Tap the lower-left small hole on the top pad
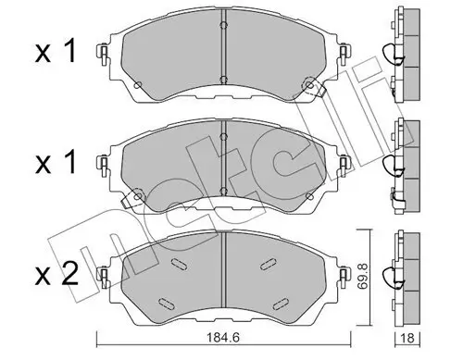click(x=137, y=87)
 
